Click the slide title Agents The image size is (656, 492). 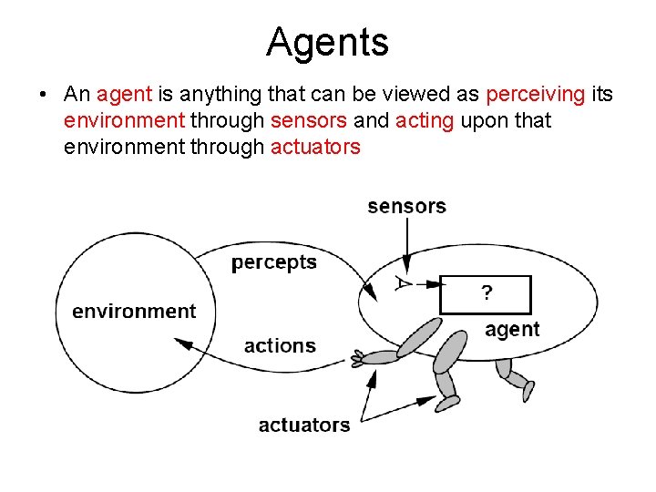point(327,42)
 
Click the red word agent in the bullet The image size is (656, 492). point(125,95)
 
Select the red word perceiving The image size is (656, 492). point(537,95)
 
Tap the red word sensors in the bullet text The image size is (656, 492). point(309,120)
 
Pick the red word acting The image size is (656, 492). point(425,120)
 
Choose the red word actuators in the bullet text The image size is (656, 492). point(316,146)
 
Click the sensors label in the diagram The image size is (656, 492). point(406,206)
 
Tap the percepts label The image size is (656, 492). point(274,262)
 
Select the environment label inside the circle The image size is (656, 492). point(134,311)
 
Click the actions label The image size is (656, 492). point(280,345)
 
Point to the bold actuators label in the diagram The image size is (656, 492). point(304,425)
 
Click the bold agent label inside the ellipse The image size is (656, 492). point(512,329)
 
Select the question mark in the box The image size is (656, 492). point(487,293)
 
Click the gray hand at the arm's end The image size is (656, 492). point(358,360)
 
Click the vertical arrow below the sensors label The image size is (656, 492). point(407,246)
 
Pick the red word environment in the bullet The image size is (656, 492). point(125,120)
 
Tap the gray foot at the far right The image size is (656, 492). point(528,391)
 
